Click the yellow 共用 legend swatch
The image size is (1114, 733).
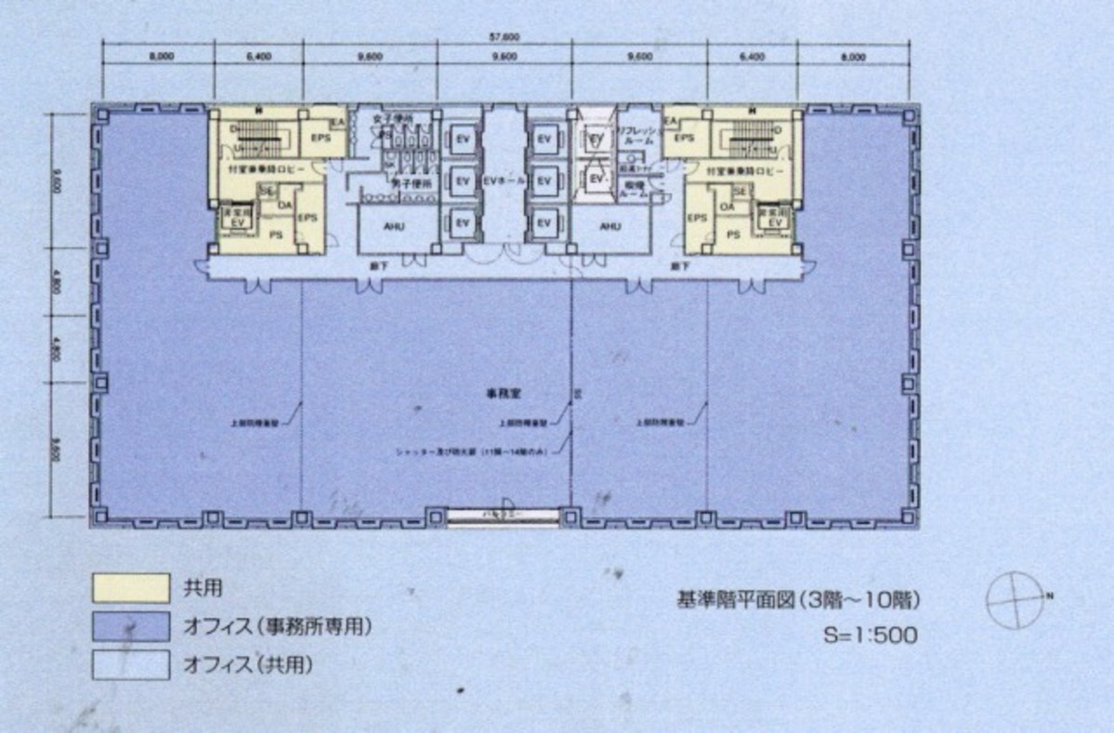[130, 587]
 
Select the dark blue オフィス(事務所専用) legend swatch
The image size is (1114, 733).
[130, 626]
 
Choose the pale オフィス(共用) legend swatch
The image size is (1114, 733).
[130, 664]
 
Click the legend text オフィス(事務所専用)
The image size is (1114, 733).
[277, 627]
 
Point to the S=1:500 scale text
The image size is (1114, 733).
[871, 635]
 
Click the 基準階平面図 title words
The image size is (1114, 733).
[735, 599]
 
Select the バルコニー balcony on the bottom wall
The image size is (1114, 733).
[504, 514]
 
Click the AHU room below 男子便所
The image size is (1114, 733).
[395, 227]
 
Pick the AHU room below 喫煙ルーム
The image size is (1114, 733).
[610, 227]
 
